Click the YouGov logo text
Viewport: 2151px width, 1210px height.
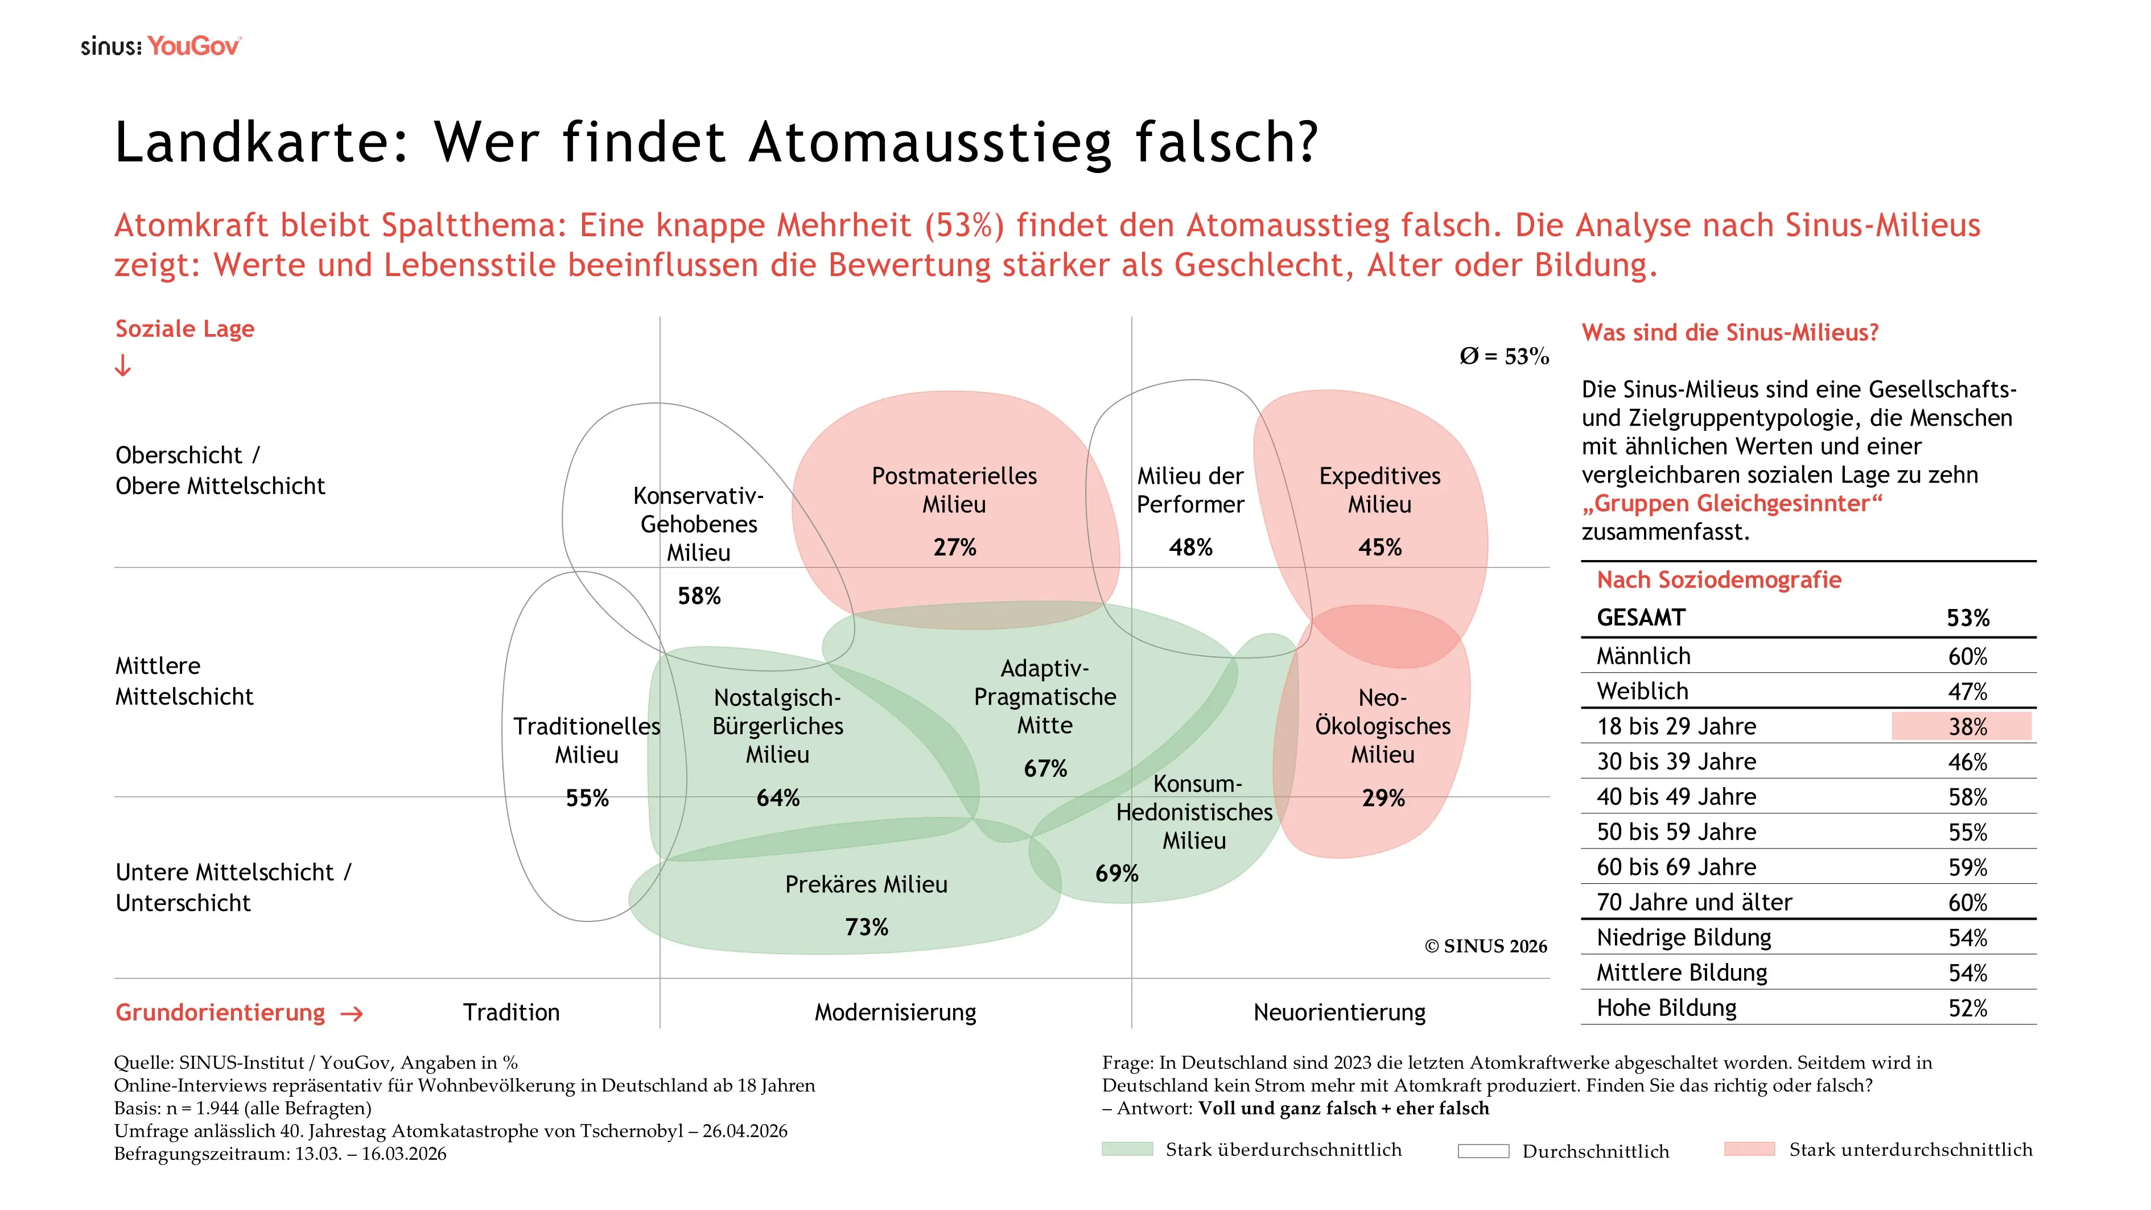193,47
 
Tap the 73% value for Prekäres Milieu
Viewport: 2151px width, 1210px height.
866,927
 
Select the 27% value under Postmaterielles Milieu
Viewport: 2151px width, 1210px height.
954,547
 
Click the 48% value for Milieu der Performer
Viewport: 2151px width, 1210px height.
1190,547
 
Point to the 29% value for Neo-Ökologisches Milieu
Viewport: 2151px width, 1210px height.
1383,799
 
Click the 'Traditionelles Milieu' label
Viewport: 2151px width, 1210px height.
587,740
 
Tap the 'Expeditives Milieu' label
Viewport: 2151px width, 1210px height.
1379,489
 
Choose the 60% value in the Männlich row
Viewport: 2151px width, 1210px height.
1967,656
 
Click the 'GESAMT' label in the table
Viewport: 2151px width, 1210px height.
1641,618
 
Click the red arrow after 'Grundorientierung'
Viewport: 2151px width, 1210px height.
352,1014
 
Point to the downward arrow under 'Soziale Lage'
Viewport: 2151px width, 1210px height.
123,366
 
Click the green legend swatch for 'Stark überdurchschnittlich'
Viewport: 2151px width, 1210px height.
1127,1149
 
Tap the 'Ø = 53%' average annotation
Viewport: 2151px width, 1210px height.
1504,357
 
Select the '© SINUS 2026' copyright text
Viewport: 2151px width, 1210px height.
1485,946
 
